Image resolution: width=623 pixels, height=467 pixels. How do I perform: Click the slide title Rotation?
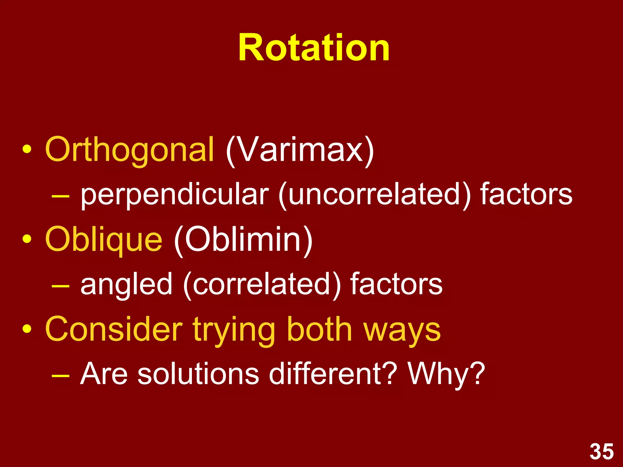point(314,48)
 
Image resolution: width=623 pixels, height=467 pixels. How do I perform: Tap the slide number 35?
point(602,452)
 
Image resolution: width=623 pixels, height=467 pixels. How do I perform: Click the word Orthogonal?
point(129,149)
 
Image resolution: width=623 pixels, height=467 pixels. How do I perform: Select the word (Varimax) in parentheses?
point(300,150)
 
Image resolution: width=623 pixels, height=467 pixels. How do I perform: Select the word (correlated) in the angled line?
point(262,284)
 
